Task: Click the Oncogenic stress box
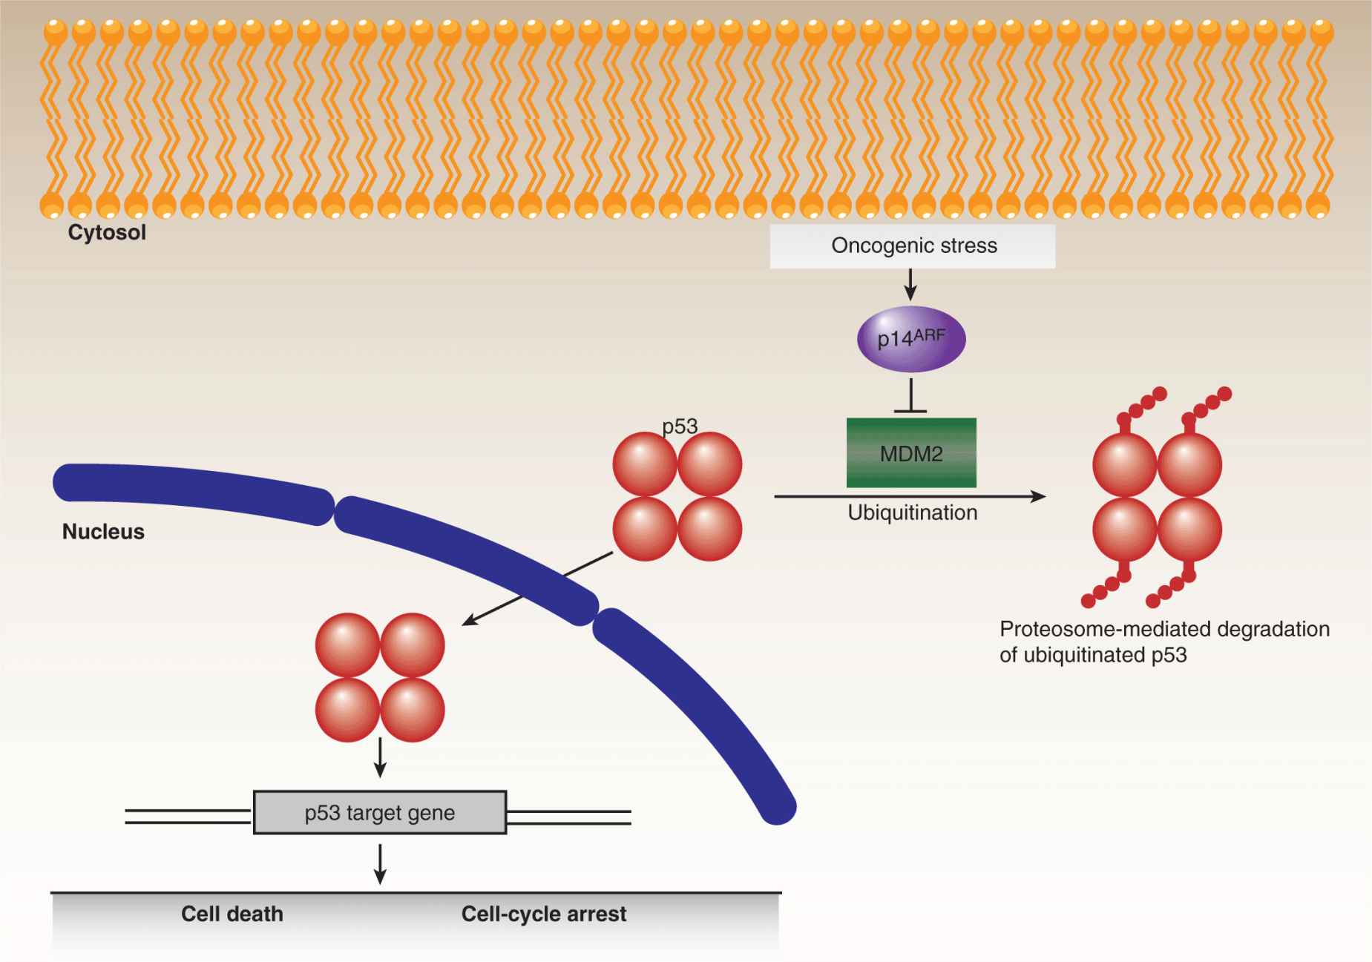point(912,246)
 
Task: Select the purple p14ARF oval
point(910,339)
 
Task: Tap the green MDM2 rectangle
point(911,453)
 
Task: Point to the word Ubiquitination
point(912,513)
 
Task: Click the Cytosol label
point(107,232)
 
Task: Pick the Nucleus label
point(103,532)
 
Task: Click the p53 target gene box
point(379,813)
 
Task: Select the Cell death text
point(232,914)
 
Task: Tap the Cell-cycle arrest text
point(543,914)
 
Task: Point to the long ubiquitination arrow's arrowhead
point(1039,496)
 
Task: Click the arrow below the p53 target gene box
point(380,863)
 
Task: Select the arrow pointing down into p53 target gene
point(380,758)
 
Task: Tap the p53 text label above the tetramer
point(680,426)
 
